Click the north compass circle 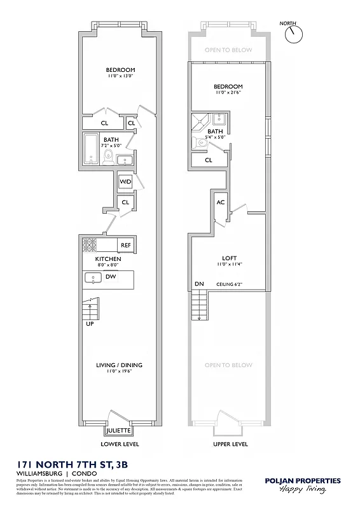pos(294,35)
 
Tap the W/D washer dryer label pos(125,182)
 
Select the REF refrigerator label pos(125,245)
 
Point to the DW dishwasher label pos(110,277)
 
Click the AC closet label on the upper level pos(221,202)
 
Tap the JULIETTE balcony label pos(119,430)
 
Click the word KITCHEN pos(108,260)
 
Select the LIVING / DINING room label pos(119,365)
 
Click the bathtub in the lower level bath pos(91,150)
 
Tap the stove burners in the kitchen pos(89,244)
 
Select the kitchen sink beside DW pos(93,277)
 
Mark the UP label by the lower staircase pos(89,323)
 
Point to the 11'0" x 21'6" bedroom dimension pos(228,92)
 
